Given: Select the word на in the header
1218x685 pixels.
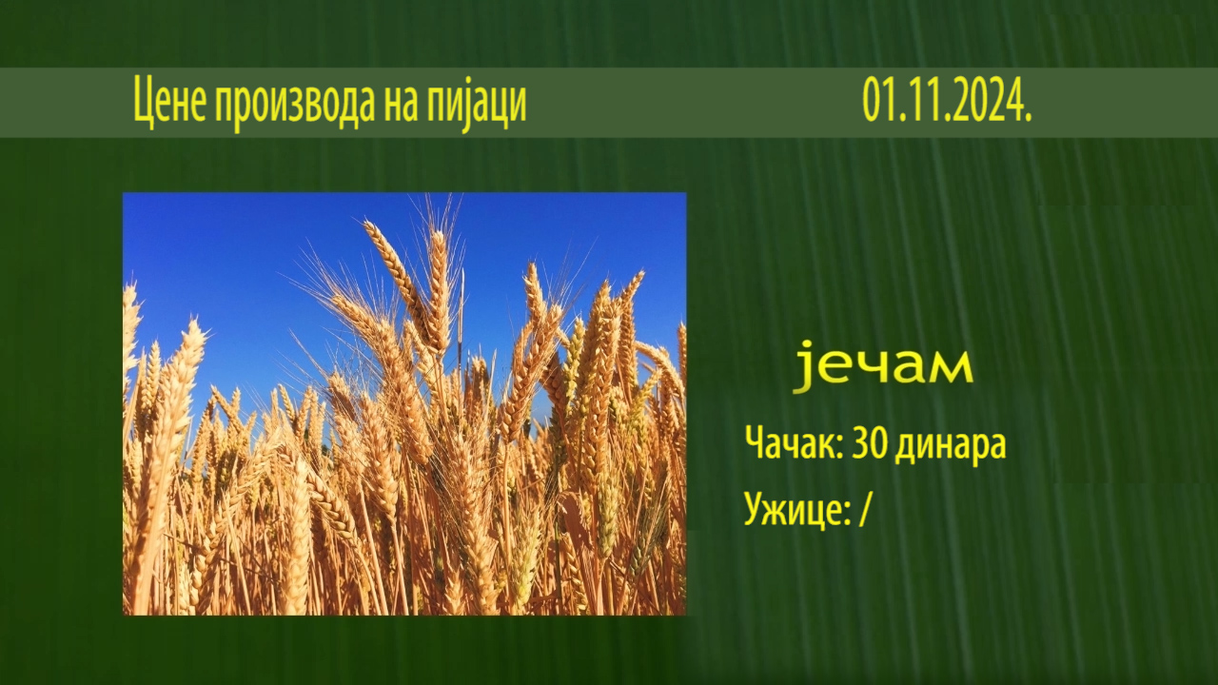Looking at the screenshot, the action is point(402,104).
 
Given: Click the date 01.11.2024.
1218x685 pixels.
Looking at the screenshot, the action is point(947,101).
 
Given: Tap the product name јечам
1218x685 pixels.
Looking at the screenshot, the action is point(882,366).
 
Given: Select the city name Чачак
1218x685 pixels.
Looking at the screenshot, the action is point(790,442).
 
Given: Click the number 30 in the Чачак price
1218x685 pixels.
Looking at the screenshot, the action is point(870,442).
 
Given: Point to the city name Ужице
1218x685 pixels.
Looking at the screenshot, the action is point(794,508).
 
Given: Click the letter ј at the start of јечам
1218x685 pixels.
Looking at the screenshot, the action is point(802,366).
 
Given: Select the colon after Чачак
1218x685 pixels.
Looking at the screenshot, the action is point(839,447).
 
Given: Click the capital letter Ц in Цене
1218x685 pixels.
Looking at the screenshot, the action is point(143,102).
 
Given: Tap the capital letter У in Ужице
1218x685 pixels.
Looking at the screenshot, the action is point(755,508).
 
